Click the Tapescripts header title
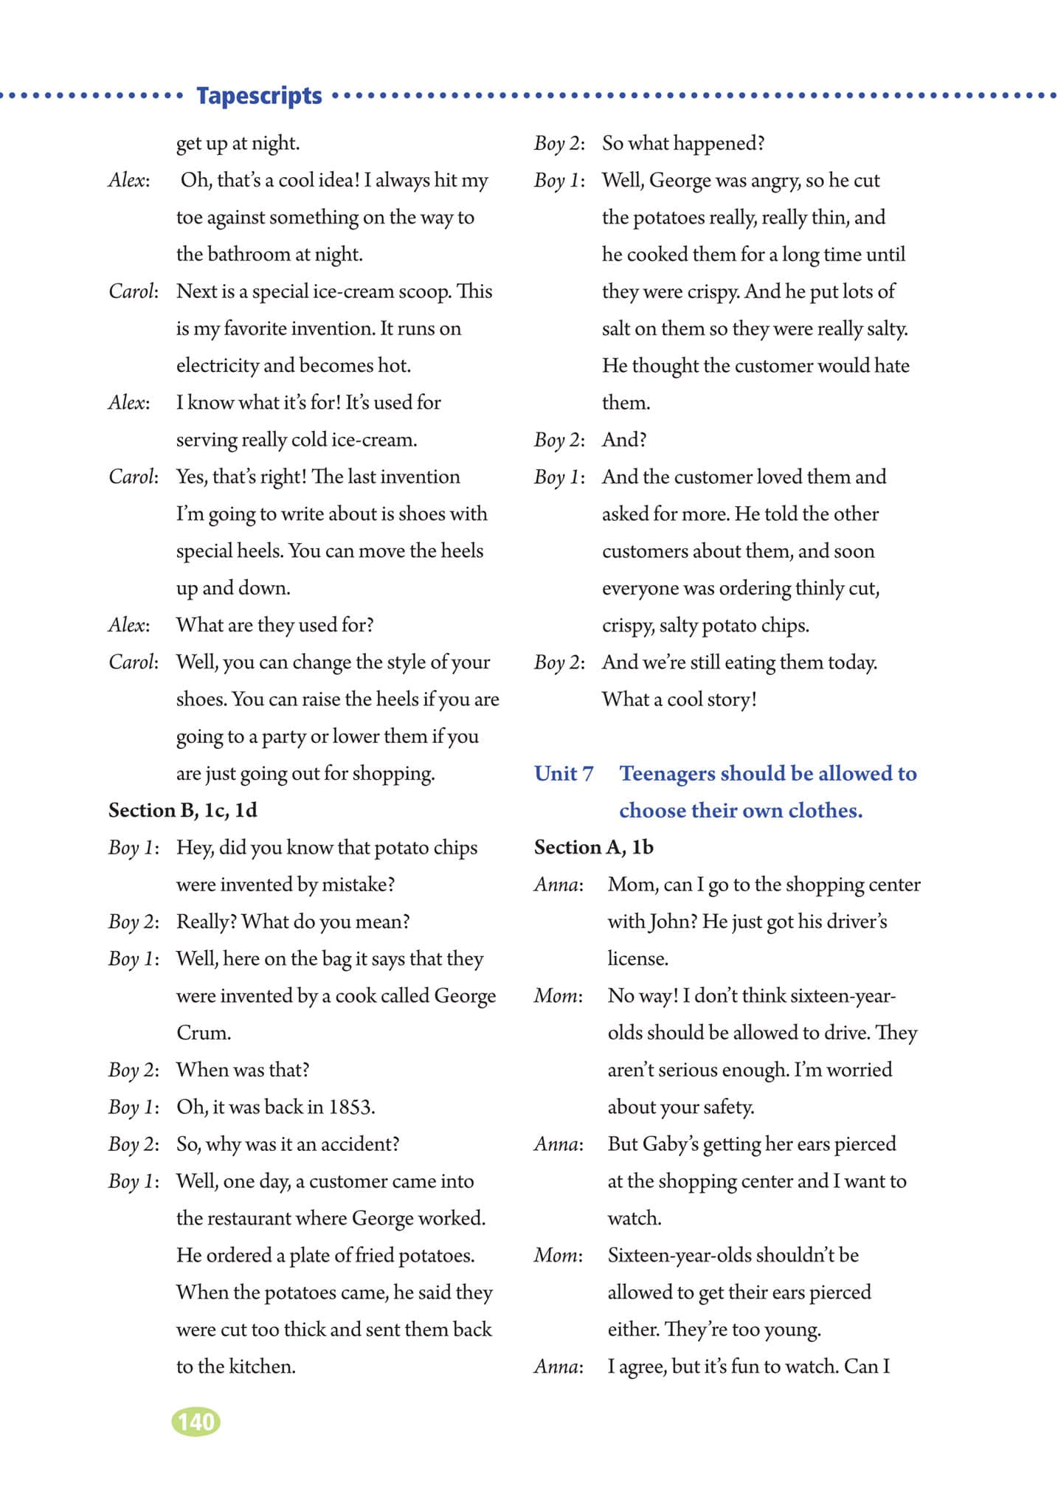point(259,96)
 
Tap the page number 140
point(196,1421)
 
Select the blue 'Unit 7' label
point(564,773)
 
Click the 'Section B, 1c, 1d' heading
point(183,810)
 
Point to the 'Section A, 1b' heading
point(594,847)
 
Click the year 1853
point(351,1107)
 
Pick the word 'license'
point(637,958)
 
